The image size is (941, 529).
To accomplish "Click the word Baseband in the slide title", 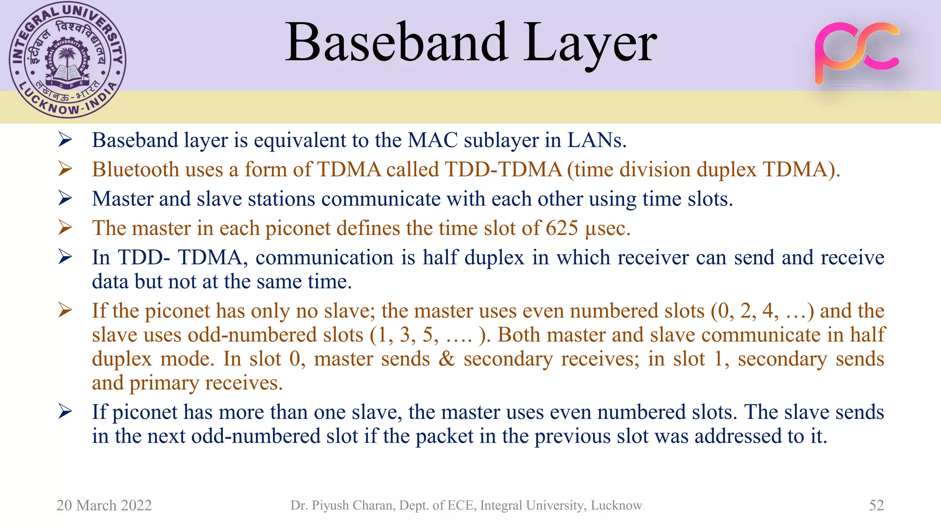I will (396, 42).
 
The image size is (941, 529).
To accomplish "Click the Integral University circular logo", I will (68, 60).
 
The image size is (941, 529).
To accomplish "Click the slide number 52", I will (876, 505).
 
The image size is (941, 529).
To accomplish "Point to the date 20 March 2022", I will (104, 505).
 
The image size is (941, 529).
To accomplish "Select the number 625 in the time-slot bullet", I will (561, 228).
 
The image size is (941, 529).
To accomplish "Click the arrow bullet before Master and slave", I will (65, 198).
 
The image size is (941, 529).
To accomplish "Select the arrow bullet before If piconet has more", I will (65, 411).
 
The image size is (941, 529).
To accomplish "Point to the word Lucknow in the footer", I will (616, 505).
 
